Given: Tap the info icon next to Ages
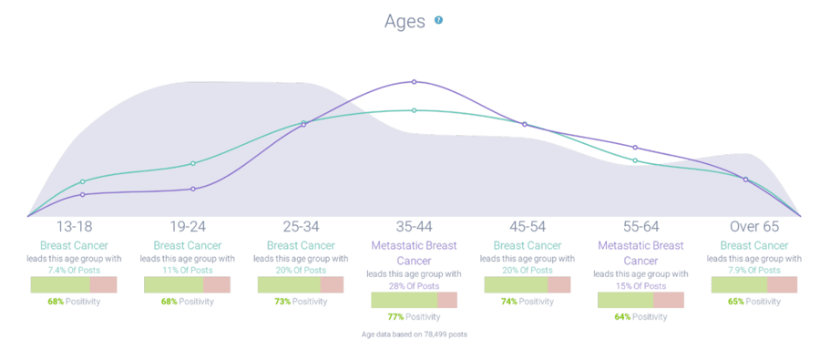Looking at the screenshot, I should tap(438, 20).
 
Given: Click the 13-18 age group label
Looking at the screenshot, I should tap(74, 226).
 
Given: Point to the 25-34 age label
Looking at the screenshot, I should tap(301, 226).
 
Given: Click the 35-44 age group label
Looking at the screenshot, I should tap(414, 226).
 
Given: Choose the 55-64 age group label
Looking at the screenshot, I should tap(641, 226).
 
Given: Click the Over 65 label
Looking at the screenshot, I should tap(753, 226).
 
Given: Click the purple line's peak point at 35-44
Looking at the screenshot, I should tap(414, 82).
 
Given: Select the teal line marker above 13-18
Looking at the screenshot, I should tap(82, 181).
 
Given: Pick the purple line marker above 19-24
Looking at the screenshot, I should tap(193, 189).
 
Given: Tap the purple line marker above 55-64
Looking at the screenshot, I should tap(635, 147).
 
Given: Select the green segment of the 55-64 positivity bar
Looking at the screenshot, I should tap(625, 300).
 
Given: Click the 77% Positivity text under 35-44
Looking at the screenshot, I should tap(414, 317).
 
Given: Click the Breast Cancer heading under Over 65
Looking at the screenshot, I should tap(753, 245).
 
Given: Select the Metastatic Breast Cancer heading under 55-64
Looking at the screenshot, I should tap(641, 252).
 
